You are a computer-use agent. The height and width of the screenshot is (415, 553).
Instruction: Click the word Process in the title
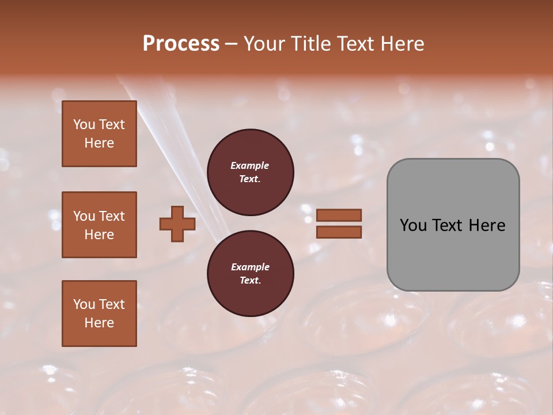[x=181, y=44]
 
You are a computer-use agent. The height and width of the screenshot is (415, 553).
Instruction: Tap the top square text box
[x=99, y=134]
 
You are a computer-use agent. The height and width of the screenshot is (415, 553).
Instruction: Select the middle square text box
[x=99, y=225]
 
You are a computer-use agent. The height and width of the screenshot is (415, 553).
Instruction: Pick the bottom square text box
[x=99, y=314]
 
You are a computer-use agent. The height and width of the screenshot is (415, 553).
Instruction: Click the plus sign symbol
[x=177, y=224]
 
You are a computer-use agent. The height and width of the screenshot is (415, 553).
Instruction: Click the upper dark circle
[x=250, y=172]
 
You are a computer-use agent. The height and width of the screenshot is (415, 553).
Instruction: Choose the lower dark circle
[x=250, y=274]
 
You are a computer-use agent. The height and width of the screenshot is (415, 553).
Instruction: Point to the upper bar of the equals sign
[x=339, y=215]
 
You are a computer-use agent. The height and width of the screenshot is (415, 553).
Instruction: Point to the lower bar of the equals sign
[x=339, y=232]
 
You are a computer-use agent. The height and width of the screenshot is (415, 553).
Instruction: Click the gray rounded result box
[x=453, y=225]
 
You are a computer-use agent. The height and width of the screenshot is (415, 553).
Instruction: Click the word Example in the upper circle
[x=250, y=165]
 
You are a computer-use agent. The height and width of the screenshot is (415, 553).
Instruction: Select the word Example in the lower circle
[x=250, y=267]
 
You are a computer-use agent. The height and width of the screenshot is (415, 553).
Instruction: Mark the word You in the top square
[x=84, y=124]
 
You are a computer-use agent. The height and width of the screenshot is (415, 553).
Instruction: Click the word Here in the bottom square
[x=99, y=323]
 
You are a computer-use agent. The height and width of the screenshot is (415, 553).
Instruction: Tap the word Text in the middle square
[x=111, y=216]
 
